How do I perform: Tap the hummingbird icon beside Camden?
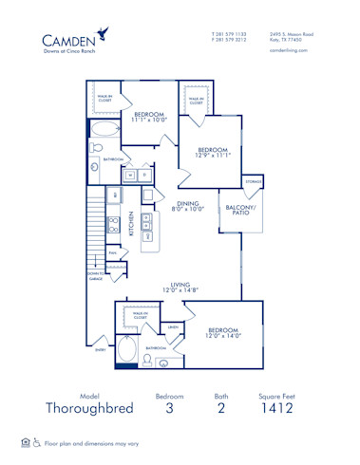click(x=113, y=35)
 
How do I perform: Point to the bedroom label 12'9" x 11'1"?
click(x=214, y=154)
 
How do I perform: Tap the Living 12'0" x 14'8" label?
click(x=181, y=288)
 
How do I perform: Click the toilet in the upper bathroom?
click(x=96, y=150)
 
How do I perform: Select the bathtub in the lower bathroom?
click(x=127, y=351)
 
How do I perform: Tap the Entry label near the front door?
click(x=101, y=350)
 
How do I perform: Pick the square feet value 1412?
click(x=277, y=409)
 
